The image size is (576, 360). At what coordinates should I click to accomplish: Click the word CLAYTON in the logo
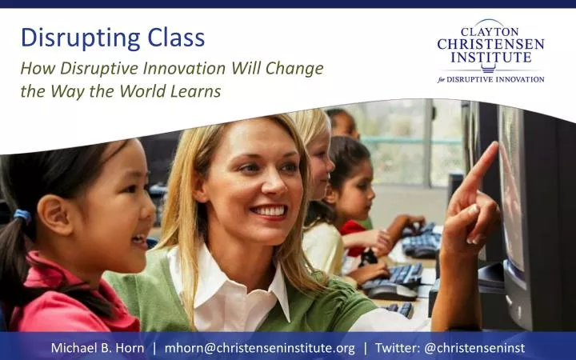click(490, 30)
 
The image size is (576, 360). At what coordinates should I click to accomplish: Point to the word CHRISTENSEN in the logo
click(490, 44)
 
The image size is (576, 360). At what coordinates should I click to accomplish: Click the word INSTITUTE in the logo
click(490, 58)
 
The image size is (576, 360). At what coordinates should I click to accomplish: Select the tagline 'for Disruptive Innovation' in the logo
click(490, 79)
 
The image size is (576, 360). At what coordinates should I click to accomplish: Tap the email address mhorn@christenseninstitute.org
click(259, 348)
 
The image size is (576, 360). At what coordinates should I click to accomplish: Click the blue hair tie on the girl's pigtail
click(22, 216)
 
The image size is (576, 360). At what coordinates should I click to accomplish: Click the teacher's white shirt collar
click(264, 292)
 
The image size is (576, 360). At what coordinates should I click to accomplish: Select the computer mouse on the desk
click(391, 291)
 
